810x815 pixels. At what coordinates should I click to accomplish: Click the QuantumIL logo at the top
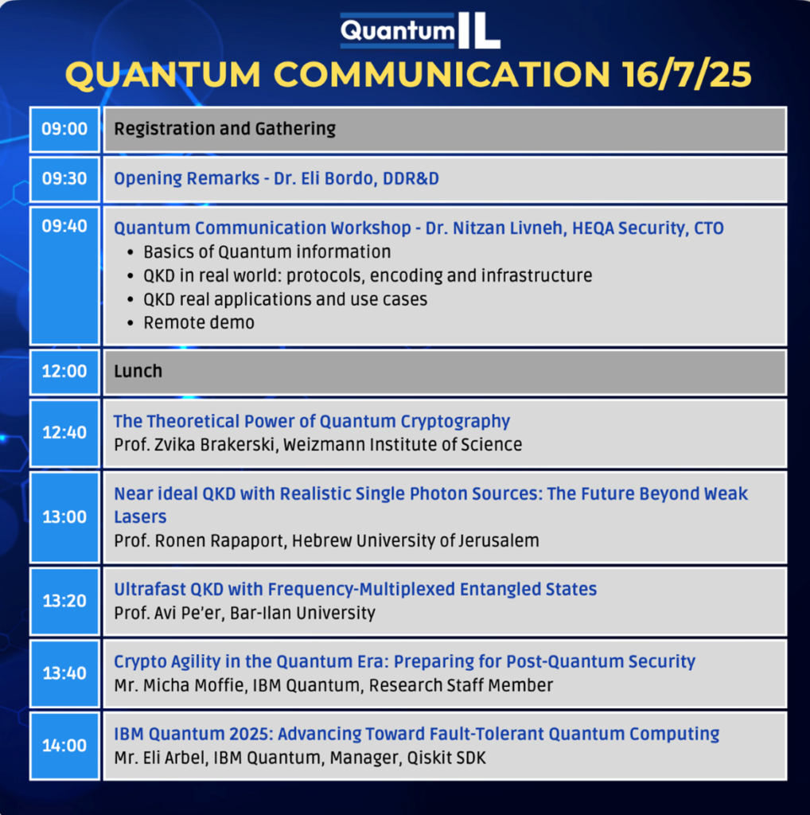(x=420, y=30)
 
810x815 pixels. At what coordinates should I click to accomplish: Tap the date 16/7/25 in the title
(x=687, y=74)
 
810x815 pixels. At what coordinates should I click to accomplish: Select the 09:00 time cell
(x=64, y=130)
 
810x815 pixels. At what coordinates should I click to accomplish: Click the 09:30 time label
(x=64, y=178)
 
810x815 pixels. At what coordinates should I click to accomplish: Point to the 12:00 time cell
(x=64, y=372)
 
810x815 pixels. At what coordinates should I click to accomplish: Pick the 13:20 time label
(x=64, y=601)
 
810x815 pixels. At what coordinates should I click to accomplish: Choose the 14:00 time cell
(x=64, y=746)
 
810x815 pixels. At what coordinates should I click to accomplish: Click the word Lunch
(x=138, y=371)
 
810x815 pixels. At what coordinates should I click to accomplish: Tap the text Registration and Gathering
(x=225, y=129)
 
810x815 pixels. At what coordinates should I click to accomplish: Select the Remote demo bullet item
(x=199, y=323)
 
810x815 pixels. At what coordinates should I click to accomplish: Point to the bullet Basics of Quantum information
(x=267, y=252)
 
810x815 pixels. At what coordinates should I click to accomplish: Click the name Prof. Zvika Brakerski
(x=196, y=445)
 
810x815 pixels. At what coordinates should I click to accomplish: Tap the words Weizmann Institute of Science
(x=403, y=445)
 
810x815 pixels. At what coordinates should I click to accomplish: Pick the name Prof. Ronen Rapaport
(x=200, y=541)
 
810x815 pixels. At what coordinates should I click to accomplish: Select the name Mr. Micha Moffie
(x=179, y=685)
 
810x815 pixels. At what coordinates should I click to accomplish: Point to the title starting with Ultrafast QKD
(x=356, y=590)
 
